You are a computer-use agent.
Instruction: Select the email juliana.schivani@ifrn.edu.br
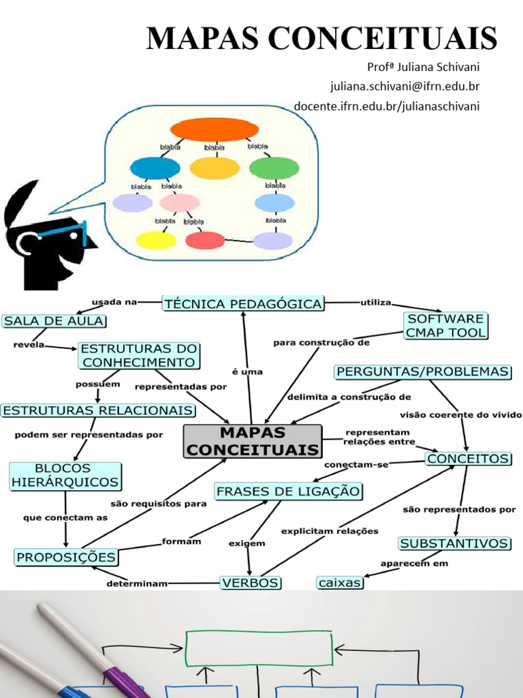(x=405, y=87)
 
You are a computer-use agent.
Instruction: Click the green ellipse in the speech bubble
(x=274, y=168)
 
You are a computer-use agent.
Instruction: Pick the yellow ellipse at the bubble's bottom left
(x=155, y=240)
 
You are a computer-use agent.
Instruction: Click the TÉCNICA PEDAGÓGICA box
(x=243, y=304)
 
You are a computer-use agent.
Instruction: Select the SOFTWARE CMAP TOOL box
(x=446, y=326)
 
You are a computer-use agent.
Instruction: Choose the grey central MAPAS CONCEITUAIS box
(x=252, y=441)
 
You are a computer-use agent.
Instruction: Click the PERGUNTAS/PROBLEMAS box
(x=422, y=371)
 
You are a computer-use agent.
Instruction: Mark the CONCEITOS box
(x=468, y=459)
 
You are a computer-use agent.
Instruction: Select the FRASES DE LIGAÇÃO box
(x=288, y=491)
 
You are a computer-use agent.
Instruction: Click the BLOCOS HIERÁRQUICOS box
(x=65, y=476)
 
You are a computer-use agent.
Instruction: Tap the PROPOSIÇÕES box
(x=66, y=557)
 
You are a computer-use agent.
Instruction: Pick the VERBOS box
(x=250, y=582)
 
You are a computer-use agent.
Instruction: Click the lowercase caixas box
(x=340, y=583)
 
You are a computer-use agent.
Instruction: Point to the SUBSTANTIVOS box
(x=454, y=543)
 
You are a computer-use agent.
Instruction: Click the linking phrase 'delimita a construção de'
(x=349, y=396)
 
